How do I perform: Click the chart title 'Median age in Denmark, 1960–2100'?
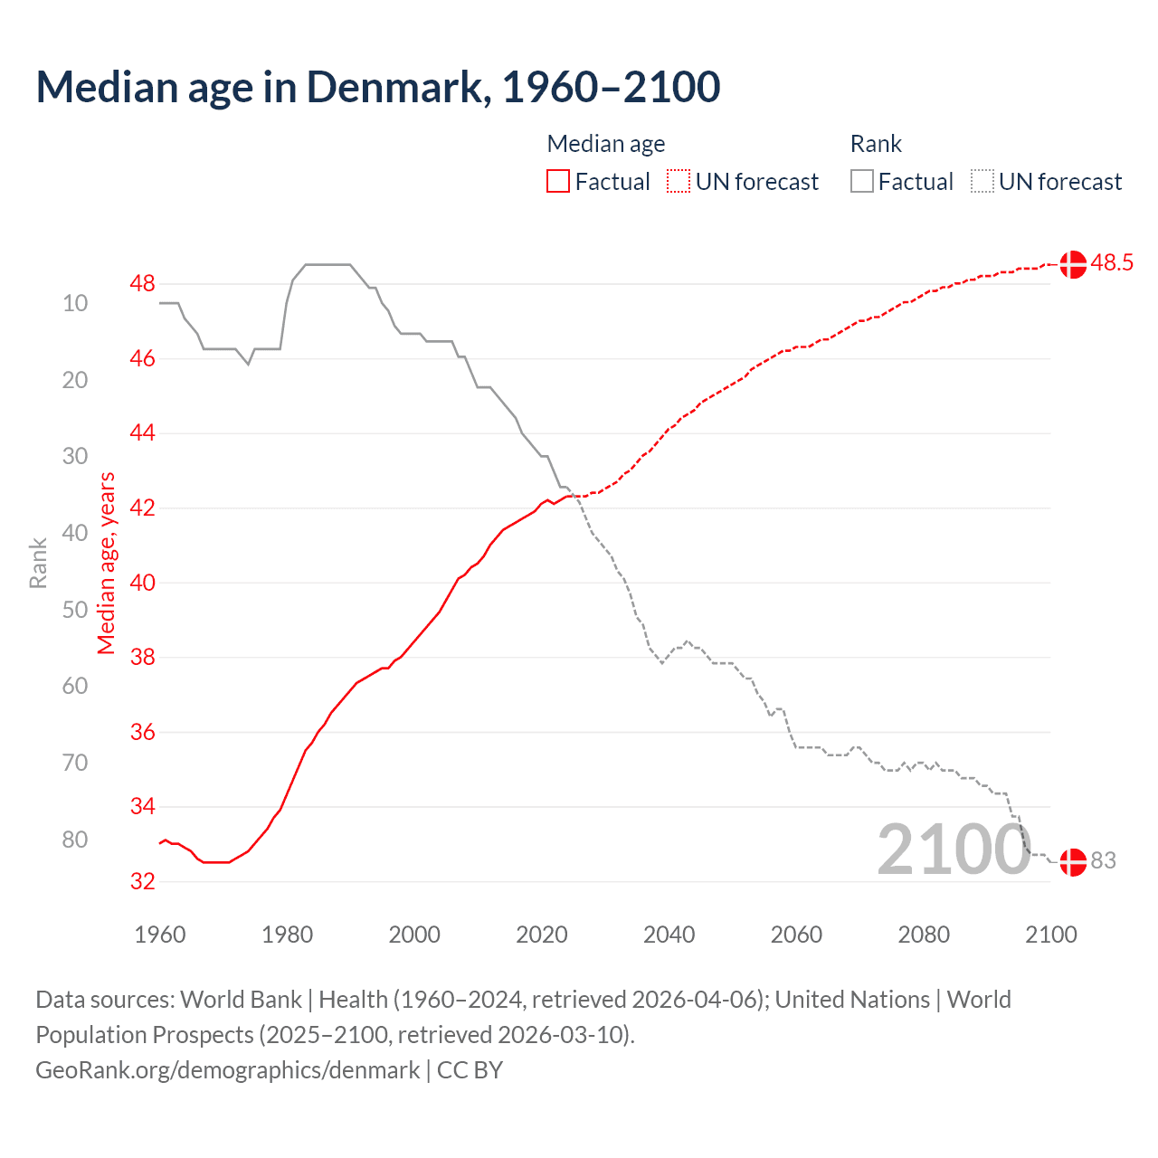click(x=378, y=87)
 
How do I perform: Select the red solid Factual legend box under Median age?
click(x=558, y=182)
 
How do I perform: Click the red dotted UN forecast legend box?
click(x=679, y=182)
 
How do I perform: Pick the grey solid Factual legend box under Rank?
click(x=862, y=182)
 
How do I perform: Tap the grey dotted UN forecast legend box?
click(x=982, y=182)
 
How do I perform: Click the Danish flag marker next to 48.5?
click(x=1073, y=264)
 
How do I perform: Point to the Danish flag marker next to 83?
click(x=1073, y=861)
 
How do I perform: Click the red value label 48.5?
click(x=1112, y=263)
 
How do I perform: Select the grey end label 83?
click(x=1104, y=861)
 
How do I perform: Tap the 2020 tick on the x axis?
click(x=542, y=935)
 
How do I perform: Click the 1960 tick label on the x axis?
click(x=160, y=935)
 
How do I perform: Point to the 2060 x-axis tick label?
click(x=796, y=935)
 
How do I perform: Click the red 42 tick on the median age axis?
click(x=142, y=508)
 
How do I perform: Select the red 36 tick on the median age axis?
click(x=142, y=732)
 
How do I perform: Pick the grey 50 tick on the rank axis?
click(x=75, y=610)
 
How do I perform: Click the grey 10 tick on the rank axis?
click(x=75, y=303)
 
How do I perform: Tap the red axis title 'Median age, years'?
click(x=107, y=563)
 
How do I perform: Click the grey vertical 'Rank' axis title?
click(x=38, y=563)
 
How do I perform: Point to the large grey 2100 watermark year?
click(x=954, y=850)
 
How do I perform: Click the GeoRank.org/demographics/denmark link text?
click(x=228, y=1070)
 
